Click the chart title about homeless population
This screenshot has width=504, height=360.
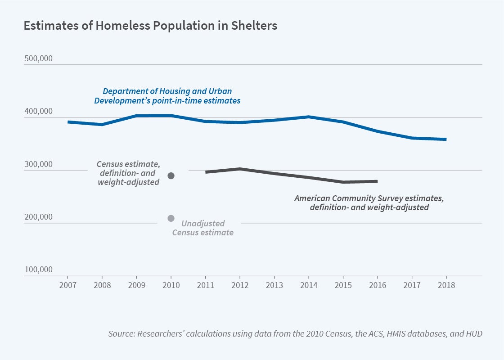150,26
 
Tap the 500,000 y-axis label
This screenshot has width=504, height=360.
38,59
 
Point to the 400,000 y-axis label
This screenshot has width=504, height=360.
38,112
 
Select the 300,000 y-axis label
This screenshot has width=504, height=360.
38,164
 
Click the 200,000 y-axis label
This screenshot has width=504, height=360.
38,217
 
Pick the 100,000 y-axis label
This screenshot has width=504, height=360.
38,270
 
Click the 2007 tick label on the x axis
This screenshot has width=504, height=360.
67,285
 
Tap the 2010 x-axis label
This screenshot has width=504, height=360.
171,285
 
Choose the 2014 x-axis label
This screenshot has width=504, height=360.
308,285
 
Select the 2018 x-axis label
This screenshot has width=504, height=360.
446,285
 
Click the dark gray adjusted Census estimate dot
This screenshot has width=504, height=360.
171,175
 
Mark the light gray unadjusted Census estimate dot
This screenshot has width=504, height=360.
171,218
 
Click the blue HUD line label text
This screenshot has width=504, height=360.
167,96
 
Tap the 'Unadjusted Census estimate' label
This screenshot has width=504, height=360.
203,228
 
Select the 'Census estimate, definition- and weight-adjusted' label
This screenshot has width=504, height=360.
128,173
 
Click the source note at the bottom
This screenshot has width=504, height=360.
295,334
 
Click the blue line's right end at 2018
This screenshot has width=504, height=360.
445,139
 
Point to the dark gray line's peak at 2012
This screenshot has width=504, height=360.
240,169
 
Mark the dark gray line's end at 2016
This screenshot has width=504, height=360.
377,181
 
